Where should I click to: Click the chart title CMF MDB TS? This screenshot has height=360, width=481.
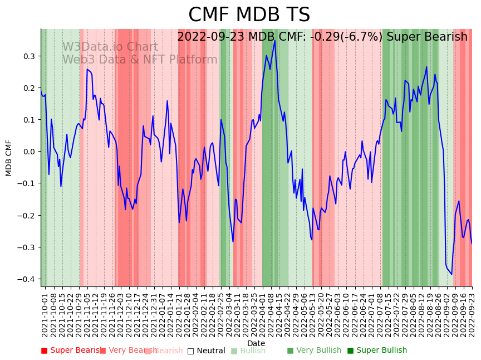point(249,15)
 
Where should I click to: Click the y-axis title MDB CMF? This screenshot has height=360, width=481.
point(9,158)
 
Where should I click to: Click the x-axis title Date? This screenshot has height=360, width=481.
point(256,343)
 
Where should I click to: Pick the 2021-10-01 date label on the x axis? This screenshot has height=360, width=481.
point(45,317)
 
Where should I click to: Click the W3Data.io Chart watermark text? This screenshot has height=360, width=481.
point(110,47)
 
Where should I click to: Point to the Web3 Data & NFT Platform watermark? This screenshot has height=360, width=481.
point(140,60)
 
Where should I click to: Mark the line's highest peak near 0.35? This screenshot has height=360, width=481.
point(274,40)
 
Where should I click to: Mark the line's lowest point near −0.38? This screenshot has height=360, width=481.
point(451,274)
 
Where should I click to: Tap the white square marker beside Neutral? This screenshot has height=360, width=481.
point(190,351)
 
